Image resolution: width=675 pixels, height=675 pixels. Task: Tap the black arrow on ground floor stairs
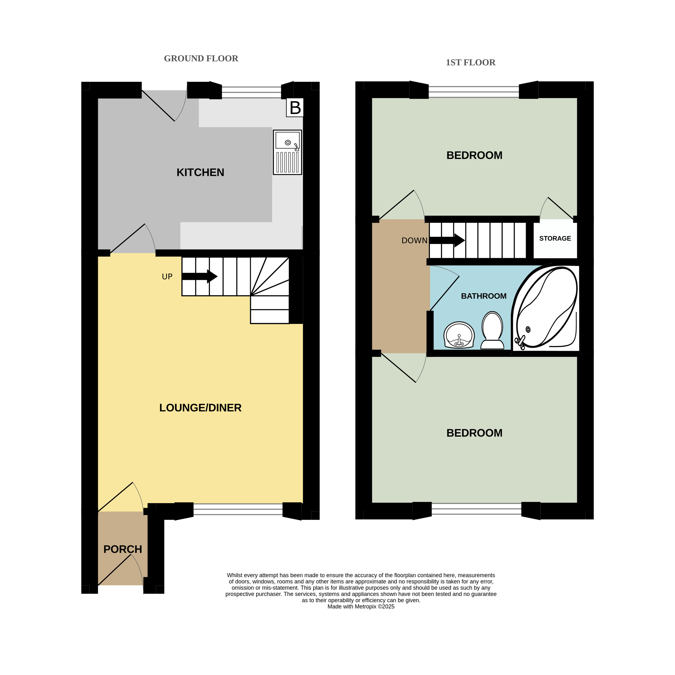tap(200, 276)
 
